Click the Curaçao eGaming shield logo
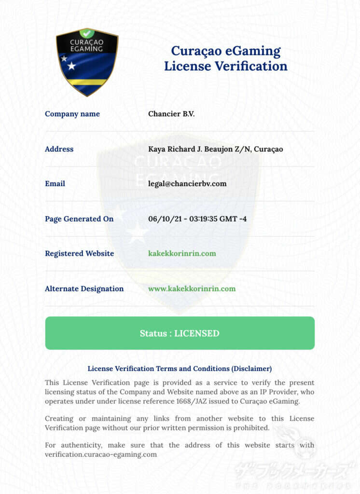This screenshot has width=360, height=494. pyautogui.click(x=87, y=62)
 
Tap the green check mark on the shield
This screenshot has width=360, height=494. pyautogui.click(x=87, y=33)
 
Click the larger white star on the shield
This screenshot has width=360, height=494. pyautogui.click(x=71, y=66)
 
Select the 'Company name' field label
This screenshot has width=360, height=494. pyautogui.click(x=72, y=114)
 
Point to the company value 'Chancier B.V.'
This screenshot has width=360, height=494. pyautogui.click(x=171, y=114)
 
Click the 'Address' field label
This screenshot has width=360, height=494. pyautogui.click(x=59, y=149)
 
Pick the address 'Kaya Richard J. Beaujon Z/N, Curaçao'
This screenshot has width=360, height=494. pyautogui.click(x=216, y=149)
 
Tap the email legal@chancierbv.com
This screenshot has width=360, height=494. pyautogui.click(x=187, y=184)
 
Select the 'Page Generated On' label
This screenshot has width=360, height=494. pyautogui.click(x=79, y=219)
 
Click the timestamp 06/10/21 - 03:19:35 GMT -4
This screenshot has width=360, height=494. pyautogui.click(x=197, y=219)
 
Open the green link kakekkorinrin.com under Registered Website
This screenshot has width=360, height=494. pyautogui.click(x=182, y=253)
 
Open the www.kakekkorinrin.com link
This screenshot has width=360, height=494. pyautogui.click(x=192, y=288)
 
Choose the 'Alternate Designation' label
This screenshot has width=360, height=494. pyautogui.click(x=84, y=288)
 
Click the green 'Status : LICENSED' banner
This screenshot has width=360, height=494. pyautogui.click(x=180, y=333)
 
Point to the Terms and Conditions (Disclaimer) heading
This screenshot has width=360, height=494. pyautogui.click(x=180, y=369)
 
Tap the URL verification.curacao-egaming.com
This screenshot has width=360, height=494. pyautogui.click(x=101, y=454)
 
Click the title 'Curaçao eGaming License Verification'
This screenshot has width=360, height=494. pyautogui.click(x=225, y=58)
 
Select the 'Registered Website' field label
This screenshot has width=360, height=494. pyautogui.click(x=79, y=253)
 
